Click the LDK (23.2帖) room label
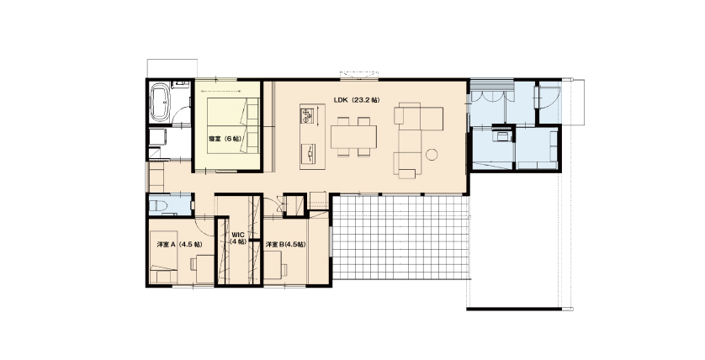[356, 100]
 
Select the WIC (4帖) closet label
[238, 238]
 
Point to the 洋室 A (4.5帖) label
[179, 245]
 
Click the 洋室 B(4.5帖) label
[285, 245]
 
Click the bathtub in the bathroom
[160, 102]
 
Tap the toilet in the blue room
[158, 206]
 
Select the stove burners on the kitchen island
[306, 115]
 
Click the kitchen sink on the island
[309, 154]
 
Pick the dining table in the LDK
[354, 136]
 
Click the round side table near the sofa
[432, 155]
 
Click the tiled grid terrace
[400, 237]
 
